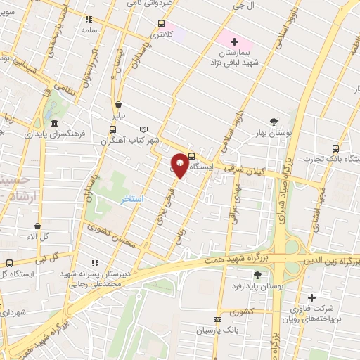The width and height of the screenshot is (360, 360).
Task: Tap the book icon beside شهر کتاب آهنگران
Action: (x=144, y=129)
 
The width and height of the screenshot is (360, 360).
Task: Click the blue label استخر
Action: (x=131, y=199)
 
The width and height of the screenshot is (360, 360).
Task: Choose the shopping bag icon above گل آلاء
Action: (x=37, y=226)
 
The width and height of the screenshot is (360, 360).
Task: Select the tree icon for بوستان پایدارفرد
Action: (x=256, y=275)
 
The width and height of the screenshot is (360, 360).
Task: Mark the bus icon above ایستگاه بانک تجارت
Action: (x=335, y=148)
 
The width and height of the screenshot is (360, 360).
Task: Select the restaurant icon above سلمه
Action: (x=89, y=20)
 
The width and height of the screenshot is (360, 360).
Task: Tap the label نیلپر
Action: (x=122, y=114)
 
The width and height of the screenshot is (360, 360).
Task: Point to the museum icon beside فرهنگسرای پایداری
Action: (x=54, y=123)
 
